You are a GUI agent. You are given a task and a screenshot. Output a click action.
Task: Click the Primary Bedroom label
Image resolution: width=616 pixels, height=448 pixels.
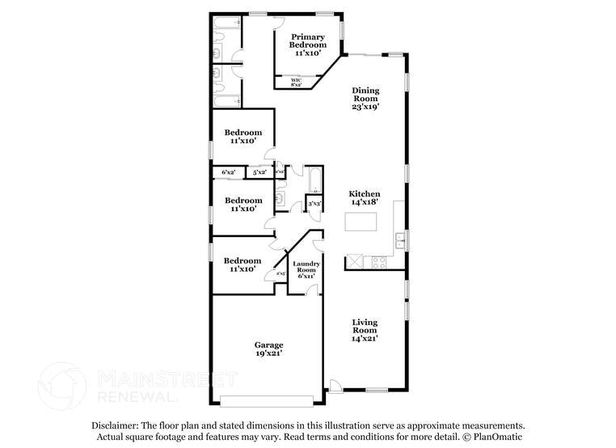[308, 42]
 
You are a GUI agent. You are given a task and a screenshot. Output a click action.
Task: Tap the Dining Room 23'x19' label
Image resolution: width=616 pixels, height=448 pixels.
[365, 99]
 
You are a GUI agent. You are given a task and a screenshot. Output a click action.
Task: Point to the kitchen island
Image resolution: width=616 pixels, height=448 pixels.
[361, 221]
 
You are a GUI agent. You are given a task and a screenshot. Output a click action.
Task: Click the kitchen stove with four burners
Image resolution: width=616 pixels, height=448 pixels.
[378, 261]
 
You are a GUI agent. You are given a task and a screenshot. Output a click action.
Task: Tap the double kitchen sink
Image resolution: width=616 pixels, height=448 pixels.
[399, 239]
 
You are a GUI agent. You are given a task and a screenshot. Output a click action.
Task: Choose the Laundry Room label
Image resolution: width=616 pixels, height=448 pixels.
[306, 269]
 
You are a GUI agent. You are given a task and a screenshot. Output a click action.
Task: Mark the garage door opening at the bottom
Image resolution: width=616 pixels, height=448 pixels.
[266, 400]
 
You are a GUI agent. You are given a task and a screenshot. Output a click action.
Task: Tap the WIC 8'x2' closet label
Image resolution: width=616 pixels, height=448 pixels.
[296, 82]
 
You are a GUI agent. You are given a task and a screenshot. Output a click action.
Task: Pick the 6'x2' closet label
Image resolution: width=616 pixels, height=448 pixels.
[229, 172]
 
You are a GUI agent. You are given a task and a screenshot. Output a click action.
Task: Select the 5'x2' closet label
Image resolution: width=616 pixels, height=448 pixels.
[259, 172]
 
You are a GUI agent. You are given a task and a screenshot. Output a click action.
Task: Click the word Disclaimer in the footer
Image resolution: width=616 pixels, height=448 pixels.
[115, 425]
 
